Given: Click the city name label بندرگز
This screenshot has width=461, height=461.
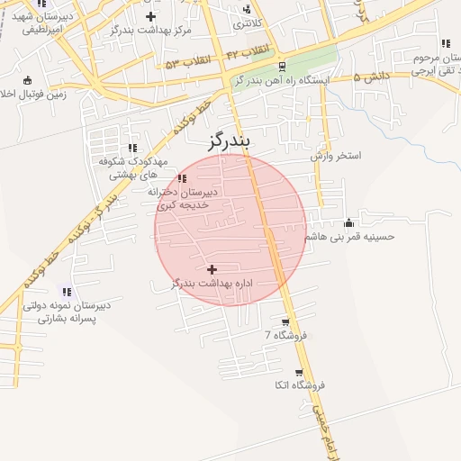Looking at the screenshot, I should (220, 140).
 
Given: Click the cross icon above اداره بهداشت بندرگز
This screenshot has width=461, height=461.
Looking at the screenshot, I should (212, 269).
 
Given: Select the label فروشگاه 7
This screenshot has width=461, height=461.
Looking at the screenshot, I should (286, 335).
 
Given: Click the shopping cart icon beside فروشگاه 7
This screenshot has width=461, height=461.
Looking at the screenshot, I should (286, 321).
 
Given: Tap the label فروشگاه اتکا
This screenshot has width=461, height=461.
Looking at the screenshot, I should (300, 385).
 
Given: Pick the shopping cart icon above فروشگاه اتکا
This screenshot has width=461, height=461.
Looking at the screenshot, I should (300, 372).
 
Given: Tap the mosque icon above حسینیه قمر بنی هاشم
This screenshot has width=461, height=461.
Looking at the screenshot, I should (349, 222).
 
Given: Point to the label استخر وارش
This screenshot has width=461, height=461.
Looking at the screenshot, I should (336, 156).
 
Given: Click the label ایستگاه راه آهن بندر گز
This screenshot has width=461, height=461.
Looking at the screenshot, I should (283, 80).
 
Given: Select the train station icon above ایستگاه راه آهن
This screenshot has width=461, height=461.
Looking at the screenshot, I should (283, 67).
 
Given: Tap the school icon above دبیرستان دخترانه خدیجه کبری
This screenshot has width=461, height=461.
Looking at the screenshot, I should (183, 178).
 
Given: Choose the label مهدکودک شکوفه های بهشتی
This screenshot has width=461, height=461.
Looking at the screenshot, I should (129, 168).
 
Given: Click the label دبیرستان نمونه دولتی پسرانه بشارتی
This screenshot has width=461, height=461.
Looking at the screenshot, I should (67, 312).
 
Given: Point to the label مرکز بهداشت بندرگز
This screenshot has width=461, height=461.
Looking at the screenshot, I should (150, 31).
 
